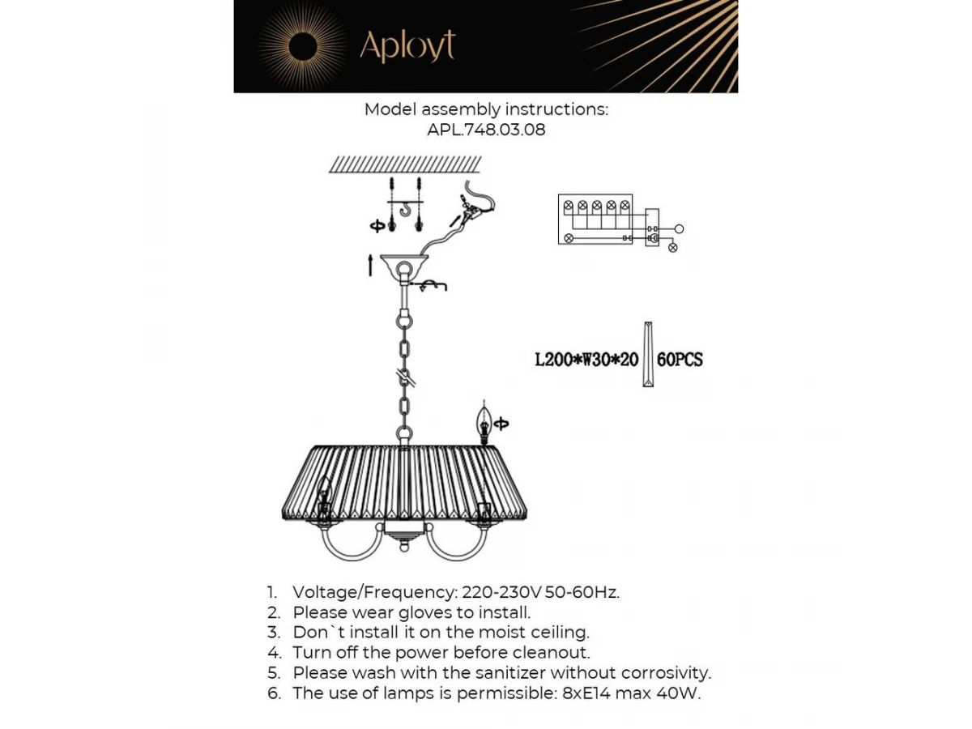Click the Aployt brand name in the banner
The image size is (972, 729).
pos(407,46)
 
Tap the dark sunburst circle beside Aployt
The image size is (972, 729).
pos(303,46)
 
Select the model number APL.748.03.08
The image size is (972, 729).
pos(486,130)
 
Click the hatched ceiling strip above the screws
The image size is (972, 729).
pos(405,164)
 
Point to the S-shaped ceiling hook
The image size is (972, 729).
pos(405,209)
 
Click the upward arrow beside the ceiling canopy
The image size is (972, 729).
pos(370,265)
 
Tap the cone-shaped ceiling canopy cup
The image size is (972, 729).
pos(404,264)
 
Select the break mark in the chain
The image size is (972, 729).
pos(405,378)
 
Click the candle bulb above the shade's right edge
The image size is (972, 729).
pos(484,423)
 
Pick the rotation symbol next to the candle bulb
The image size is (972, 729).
pos(501,424)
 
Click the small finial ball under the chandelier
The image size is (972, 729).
pos(403,548)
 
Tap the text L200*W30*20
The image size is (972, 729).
pos(586,360)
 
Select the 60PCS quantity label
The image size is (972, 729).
pos(680,360)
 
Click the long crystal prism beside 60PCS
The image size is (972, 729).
pos(648,354)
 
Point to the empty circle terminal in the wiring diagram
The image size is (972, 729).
pos(679,229)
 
